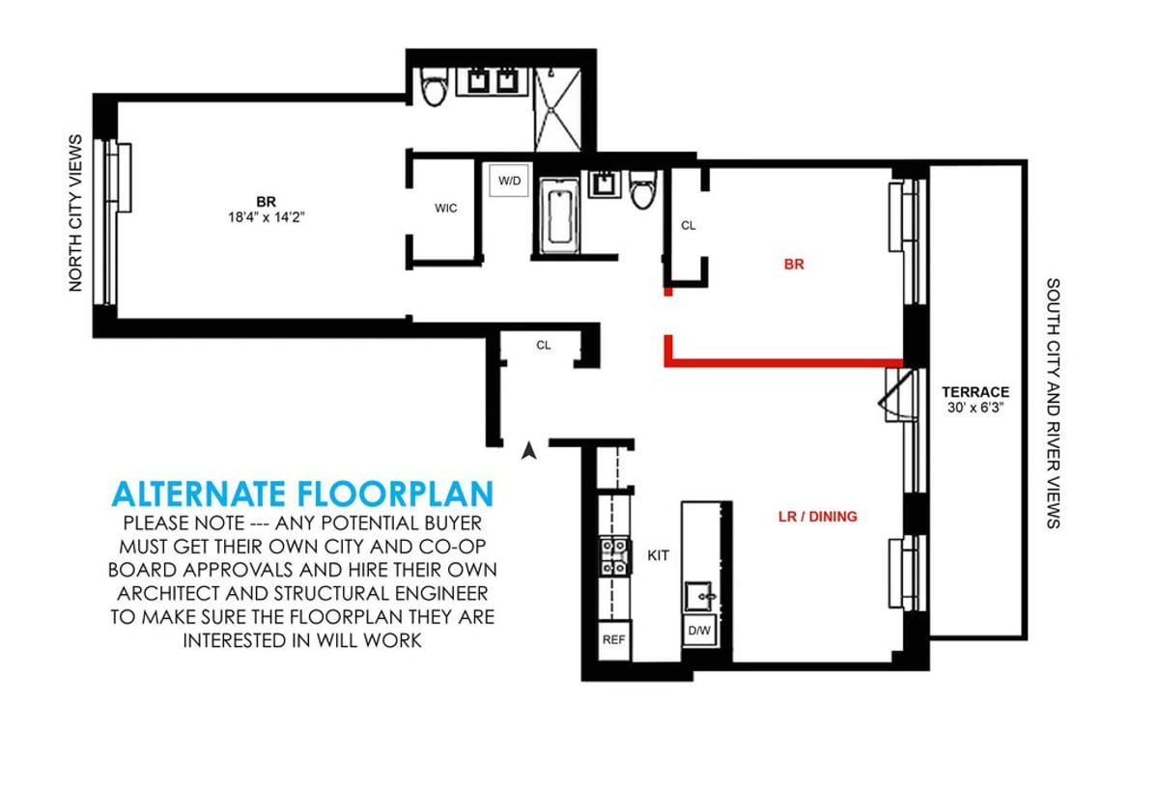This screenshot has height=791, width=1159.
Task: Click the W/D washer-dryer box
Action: point(508,181)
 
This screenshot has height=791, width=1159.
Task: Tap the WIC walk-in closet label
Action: point(445,208)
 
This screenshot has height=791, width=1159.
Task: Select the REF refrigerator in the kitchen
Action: point(613,639)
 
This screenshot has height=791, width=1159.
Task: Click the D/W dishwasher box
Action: point(699,632)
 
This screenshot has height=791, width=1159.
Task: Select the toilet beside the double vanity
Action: point(434,87)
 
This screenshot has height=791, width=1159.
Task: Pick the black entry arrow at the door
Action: point(527,449)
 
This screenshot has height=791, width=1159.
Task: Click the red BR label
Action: point(794,264)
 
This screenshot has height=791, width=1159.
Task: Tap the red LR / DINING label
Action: point(817,517)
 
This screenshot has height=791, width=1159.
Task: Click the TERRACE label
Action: point(975,392)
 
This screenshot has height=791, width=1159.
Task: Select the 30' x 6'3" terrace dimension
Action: point(975,409)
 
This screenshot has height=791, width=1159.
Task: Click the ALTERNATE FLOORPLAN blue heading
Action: point(302,494)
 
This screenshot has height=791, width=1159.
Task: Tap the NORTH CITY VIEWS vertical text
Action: point(76,213)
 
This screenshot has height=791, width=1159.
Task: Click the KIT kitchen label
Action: point(657,556)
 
